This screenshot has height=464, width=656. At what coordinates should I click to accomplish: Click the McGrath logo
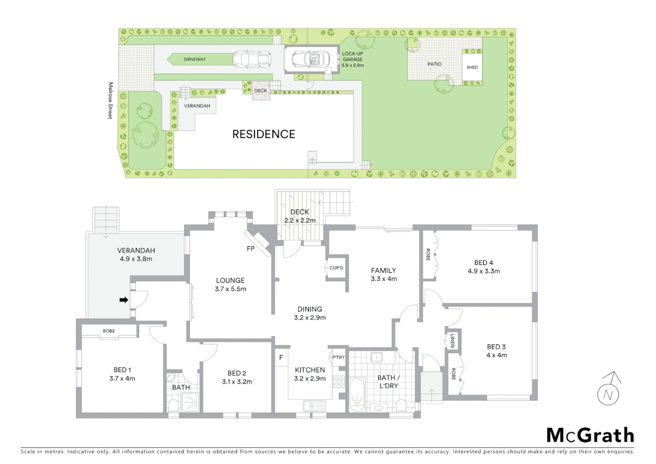point(590,435)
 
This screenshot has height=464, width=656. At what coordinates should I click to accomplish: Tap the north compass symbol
point(608,390)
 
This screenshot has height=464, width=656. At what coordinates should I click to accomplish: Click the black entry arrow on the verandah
point(124,300)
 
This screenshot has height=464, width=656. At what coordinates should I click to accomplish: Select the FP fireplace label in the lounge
point(251,249)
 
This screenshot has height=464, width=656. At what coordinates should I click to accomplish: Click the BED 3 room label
point(496,347)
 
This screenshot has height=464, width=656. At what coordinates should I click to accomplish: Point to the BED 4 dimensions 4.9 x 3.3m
point(484,271)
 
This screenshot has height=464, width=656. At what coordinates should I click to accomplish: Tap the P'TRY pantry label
point(338,357)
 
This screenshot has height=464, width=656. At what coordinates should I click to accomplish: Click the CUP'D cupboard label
point(336,268)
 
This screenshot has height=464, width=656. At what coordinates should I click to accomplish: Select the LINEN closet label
point(452,341)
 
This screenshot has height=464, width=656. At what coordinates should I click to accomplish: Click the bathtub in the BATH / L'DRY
point(357,395)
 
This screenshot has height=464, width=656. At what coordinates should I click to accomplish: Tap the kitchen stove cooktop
point(339,382)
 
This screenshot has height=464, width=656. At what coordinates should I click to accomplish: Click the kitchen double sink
point(314,406)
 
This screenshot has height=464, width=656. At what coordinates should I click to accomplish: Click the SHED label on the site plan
point(472,67)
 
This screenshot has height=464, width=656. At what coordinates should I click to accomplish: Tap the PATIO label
point(434,64)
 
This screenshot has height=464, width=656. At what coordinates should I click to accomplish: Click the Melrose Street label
point(110,101)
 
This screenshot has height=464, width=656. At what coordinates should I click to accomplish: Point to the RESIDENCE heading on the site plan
point(264,134)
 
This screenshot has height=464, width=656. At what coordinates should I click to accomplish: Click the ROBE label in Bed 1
point(109,331)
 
